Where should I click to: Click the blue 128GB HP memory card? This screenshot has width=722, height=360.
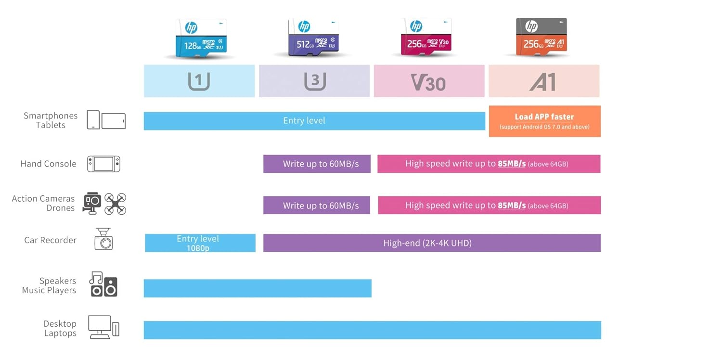(201, 38)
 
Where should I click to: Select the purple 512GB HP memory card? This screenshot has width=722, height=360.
(313, 37)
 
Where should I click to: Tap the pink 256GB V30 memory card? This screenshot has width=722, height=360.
(426, 37)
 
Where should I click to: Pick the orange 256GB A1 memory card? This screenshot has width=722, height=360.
(541, 37)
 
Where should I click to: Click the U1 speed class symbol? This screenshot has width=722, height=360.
(199, 81)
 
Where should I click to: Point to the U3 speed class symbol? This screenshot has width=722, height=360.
(315, 81)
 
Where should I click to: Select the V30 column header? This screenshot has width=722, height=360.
(429, 81)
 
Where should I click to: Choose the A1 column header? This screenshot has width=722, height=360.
(544, 81)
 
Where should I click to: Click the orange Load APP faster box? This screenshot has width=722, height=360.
(545, 121)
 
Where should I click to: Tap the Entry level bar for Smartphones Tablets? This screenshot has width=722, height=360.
(314, 121)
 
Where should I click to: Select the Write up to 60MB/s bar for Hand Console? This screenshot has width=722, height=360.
(317, 164)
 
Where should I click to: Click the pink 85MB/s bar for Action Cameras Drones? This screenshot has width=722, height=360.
(490, 205)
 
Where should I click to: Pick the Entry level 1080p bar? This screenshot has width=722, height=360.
(200, 243)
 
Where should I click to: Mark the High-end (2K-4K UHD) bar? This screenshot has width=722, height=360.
(432, 243)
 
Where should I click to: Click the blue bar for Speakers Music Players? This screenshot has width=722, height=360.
(258, 288)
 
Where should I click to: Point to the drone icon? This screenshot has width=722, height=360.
(115, 204)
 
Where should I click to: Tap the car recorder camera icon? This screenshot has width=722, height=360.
(103, 239)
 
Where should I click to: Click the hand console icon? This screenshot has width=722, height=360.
(103, 164)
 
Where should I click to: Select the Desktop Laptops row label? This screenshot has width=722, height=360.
(60, 328)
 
